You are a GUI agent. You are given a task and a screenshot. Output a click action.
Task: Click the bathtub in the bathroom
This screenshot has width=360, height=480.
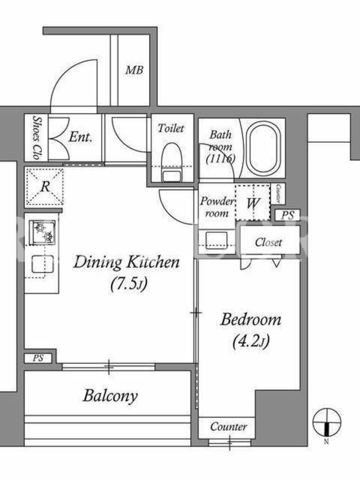(263, 149)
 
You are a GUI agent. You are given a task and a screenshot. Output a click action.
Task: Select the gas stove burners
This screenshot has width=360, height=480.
(43, 232)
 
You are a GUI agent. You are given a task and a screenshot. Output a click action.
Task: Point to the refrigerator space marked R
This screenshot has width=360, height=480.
(44, 187)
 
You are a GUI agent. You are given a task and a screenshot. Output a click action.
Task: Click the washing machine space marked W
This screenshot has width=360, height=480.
(253, 202)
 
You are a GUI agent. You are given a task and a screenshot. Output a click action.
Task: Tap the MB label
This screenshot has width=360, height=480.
(134, 70)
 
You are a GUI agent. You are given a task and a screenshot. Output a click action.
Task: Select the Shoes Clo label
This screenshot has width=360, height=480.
(37, 137)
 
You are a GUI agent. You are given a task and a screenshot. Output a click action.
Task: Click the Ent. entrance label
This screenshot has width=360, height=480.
(80, 137)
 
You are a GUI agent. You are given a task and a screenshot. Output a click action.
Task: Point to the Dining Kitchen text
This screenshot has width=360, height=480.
(126, 262)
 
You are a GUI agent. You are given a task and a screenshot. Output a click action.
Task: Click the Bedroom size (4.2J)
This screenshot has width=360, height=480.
(251, 341)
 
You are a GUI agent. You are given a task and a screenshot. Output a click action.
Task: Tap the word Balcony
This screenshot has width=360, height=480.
(110, 395)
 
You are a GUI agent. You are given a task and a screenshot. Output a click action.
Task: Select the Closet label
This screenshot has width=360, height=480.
(268, 242)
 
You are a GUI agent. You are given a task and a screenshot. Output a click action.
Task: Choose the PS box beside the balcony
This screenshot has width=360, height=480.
(38, 358)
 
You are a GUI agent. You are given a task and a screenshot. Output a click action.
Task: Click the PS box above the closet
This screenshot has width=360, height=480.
(287, 215)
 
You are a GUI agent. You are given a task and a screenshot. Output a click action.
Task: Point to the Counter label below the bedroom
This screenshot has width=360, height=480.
(229, 427)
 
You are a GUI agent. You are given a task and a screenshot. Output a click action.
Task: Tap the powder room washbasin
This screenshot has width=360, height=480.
(216, 241)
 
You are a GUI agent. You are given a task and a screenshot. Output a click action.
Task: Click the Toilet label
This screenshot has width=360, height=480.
(171, 128)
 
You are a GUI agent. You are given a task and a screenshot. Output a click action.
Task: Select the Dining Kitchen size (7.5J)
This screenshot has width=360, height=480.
(129, 284)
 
